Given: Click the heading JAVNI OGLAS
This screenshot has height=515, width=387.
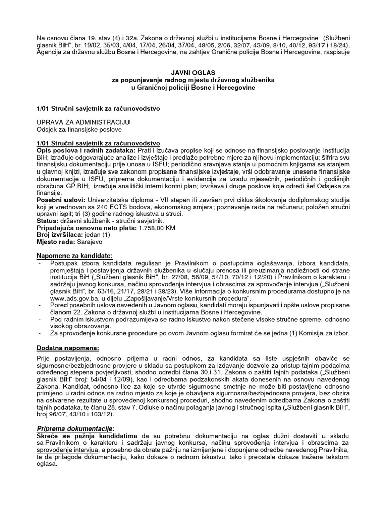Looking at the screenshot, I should pos(193,73).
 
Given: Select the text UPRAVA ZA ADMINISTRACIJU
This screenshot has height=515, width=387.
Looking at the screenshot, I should pos(84,122).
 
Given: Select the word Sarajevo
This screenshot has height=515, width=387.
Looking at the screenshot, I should pos(95,242).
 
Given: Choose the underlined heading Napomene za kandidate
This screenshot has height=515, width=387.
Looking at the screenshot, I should pos(75,255).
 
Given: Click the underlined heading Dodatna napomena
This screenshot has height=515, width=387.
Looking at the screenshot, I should pos(69,348).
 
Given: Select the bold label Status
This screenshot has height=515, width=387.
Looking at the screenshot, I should pos(49,221).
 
